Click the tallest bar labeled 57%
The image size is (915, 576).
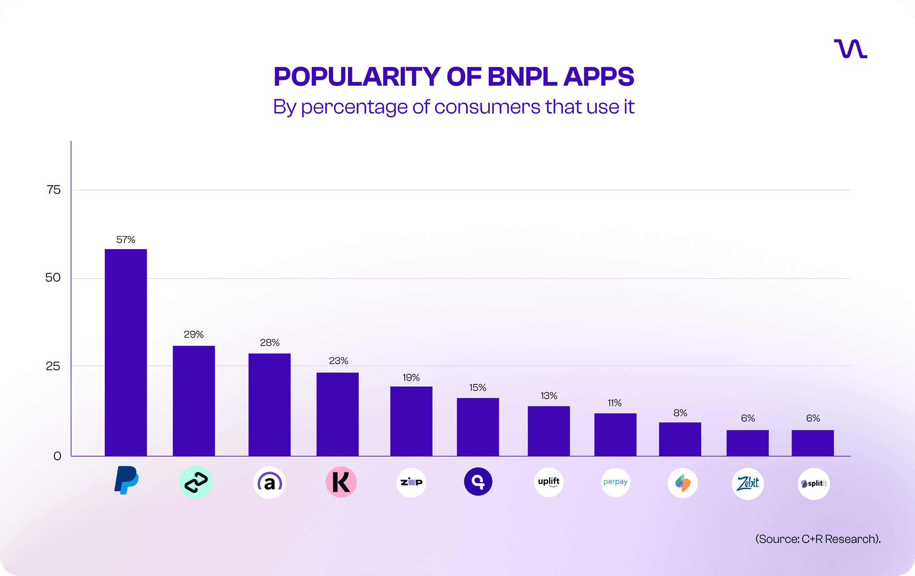(x=126, y=352)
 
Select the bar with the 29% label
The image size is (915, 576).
(x=193, y=401)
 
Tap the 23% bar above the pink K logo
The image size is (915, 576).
(x=337, y=414)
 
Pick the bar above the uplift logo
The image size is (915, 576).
(x=549, y=431)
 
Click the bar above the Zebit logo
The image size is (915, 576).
(x=747, y=443)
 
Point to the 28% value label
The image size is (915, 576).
(x=269, y=342)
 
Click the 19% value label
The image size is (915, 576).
(x=411, y=378)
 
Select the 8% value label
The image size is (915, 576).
(x=680, y=413)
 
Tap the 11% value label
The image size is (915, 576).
(x=614, y=403)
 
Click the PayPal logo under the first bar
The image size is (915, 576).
(x=126, y=480)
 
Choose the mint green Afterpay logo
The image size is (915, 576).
(x=196, y=482)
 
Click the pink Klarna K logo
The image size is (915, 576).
(x=341, y=482)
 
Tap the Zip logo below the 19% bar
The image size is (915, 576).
(x=411, y=482)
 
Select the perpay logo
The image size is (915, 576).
(x=615, y=482)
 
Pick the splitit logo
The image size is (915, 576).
(x=814, y=484)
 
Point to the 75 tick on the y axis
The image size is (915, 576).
(x=54, y=190)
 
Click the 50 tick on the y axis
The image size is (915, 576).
(x=53, y=278)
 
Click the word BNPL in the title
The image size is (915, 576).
(x=522, y=76)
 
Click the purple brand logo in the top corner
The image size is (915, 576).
(x=850, y=49)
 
